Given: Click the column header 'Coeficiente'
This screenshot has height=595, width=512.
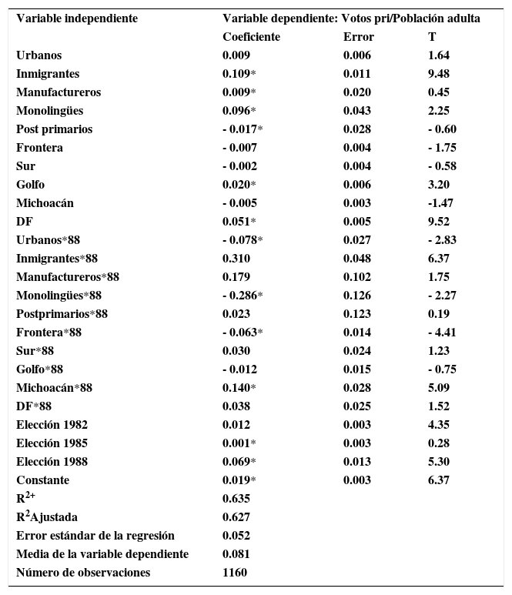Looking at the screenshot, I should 251,37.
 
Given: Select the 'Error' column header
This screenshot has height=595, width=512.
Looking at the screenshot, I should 358,37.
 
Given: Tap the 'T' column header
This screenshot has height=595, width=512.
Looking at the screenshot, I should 431,37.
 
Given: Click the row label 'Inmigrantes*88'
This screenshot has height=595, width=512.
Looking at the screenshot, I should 57,259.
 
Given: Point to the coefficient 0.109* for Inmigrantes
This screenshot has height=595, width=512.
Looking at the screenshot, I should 239,74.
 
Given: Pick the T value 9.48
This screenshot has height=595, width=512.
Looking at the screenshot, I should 438,74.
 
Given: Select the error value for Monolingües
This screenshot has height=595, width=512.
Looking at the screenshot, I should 356,111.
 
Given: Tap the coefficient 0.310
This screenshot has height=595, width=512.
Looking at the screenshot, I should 236,259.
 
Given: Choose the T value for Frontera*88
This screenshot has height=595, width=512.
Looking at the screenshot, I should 441,333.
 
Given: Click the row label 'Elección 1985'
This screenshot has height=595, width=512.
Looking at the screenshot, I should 52,443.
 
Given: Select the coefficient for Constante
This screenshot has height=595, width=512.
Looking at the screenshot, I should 239,480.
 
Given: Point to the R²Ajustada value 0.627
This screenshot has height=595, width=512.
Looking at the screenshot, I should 236,517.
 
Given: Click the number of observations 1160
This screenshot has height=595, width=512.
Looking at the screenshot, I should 234,573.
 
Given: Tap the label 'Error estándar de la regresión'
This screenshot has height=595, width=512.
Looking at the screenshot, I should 95,536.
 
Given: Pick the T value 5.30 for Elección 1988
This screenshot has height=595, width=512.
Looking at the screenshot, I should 438,462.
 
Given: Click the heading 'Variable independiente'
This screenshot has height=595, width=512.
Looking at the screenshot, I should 77,18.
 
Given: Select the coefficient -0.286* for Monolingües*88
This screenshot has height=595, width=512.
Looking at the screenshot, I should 243,296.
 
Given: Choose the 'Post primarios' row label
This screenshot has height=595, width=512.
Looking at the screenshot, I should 54,129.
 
